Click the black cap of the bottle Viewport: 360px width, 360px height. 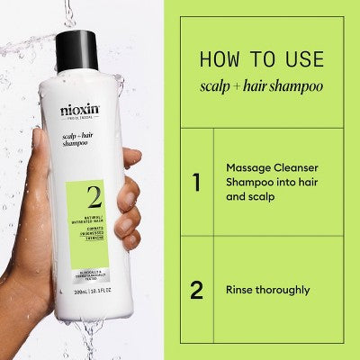[76, 50]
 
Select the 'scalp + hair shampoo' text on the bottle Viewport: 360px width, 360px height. [76, 137]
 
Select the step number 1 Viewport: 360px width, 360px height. [196, 183]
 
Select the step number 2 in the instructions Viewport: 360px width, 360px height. [196, 290]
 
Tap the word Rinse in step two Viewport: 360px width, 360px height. [243, 290]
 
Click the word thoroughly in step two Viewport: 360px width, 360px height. [288, 290]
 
